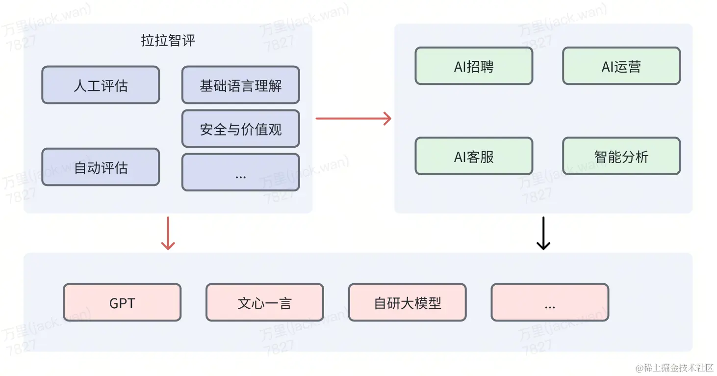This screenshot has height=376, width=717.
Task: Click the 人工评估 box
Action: click(x=101, y=85)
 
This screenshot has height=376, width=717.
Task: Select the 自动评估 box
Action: click(x=101, y=167)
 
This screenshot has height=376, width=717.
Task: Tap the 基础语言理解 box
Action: click(x=240, y=85)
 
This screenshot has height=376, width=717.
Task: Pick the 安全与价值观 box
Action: click(x=240, y=129)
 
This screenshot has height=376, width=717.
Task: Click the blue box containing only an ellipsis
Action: click(x=240, y=172)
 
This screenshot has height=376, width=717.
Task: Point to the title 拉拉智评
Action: click(x=168, y=40)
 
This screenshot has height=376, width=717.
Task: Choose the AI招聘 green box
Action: click(x=474, y=66)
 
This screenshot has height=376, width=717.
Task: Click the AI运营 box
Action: click(x=621, y=66)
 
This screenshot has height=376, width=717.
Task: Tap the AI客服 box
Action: click(x=474, y=157)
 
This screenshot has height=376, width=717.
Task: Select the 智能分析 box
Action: click(x=621, y=157)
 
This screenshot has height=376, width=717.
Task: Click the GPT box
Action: click(x=122, y=303)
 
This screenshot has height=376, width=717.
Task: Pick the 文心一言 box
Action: click(x=264, y=303)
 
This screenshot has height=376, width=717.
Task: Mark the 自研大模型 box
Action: click(x=407, y=303)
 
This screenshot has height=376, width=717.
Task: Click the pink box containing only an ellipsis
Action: click(x=549, y=303)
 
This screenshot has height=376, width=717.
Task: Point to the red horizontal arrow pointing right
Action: click(x=353, y=118)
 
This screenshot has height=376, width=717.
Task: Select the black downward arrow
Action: click(x=543, y=233)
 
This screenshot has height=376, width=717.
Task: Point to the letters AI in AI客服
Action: click(x=460, y=157)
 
